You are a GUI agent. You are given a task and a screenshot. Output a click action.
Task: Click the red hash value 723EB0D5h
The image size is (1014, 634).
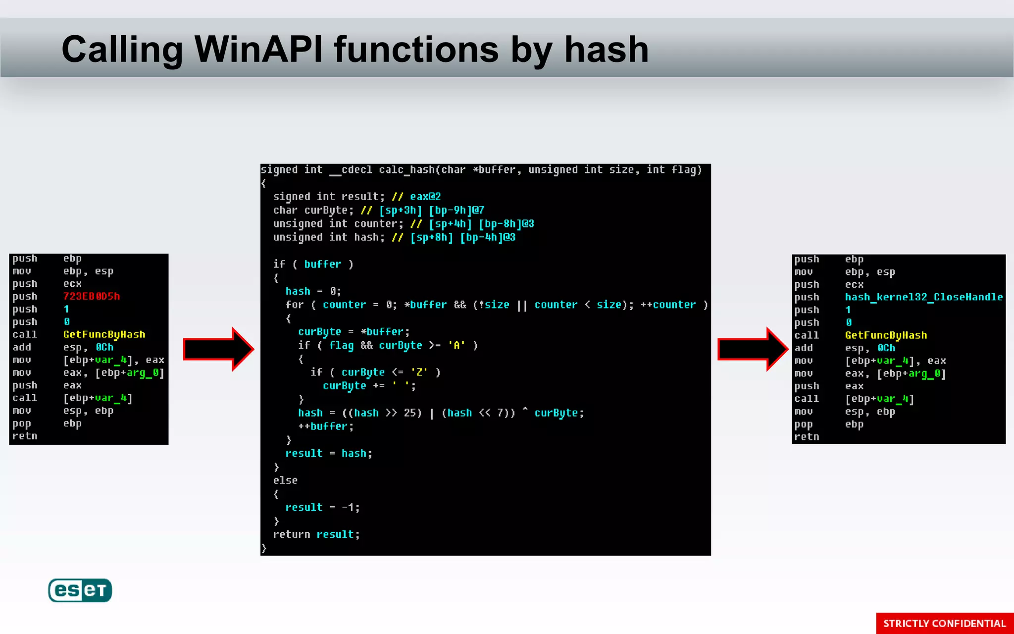pyautogui.click(x=92, y=296)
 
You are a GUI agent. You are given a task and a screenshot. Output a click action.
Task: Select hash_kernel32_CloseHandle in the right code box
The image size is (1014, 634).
pyautogui.click(x=923, y=297)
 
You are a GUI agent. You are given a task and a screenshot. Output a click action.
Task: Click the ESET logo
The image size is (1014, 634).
pyautogui.click(x=80, y=590)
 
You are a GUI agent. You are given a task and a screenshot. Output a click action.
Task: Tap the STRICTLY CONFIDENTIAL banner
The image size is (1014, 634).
pyautogui.click(x=944, y=623)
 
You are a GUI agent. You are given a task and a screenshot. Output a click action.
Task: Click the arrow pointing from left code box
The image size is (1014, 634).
pyautogui.click(x=218, y=349)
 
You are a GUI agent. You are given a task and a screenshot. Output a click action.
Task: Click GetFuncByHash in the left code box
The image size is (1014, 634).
pyautogui.click(x=104, y=334)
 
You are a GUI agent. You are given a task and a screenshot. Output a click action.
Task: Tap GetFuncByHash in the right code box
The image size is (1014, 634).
pyautogui.click(x=886, y=335)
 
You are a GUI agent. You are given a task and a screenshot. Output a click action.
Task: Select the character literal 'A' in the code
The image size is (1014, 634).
pyautogui.click(x=456, y=345)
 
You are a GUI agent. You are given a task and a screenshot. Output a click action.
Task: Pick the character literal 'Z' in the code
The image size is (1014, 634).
pyautogui.click(x=419, y=372)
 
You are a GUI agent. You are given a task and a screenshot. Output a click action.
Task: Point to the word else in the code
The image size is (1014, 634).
pyautogui.click(x=285, y=480)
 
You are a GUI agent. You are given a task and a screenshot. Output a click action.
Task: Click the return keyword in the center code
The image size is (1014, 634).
pyautogui.click(x=291, y=534)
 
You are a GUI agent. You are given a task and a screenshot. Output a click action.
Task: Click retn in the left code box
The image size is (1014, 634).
pyautogui.click(x=25, y=436)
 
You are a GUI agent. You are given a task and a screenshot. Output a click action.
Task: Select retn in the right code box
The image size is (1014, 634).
pyautogui.click(x=807, y=437)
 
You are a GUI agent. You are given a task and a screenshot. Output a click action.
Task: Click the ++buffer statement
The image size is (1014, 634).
pyautogui.click(x=325, y=426)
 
